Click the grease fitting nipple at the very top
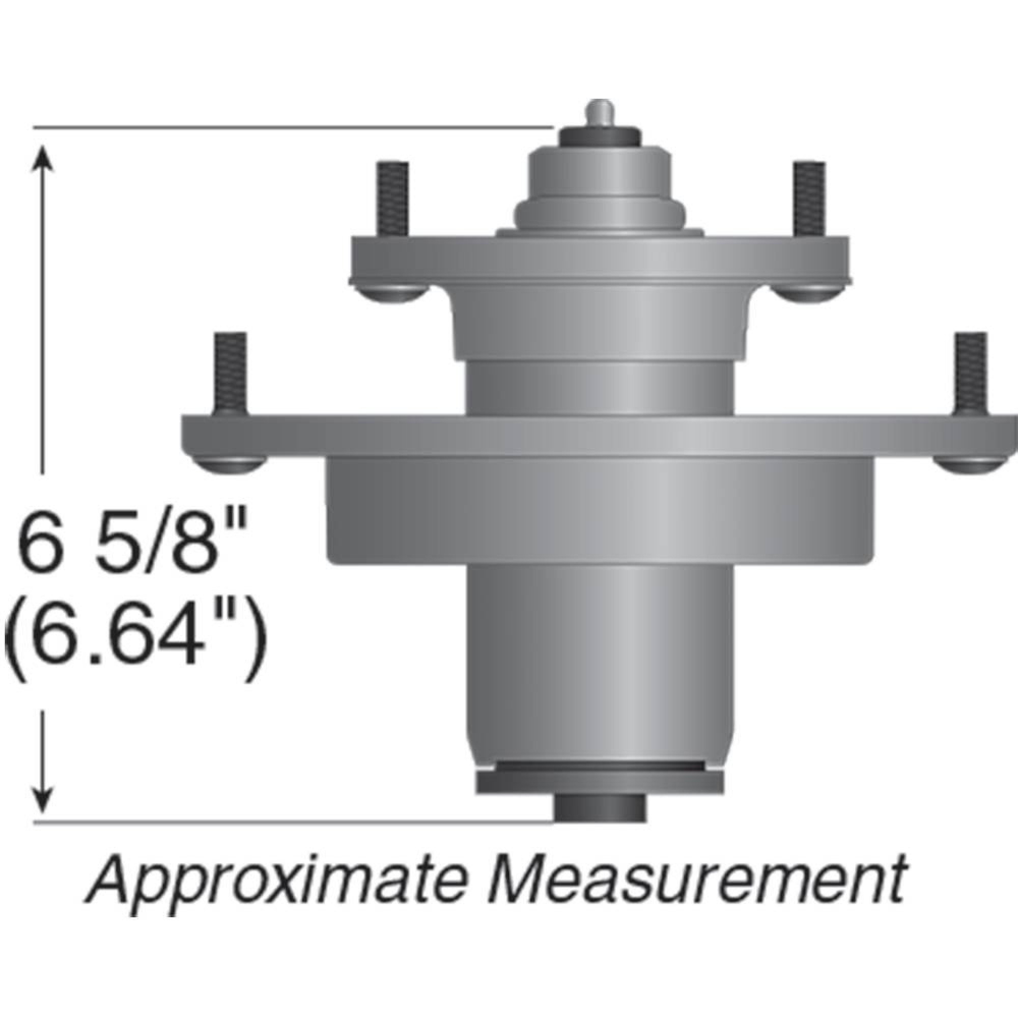600,111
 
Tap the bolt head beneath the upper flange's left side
394,293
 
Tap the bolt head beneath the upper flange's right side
806,293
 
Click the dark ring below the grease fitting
600,138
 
